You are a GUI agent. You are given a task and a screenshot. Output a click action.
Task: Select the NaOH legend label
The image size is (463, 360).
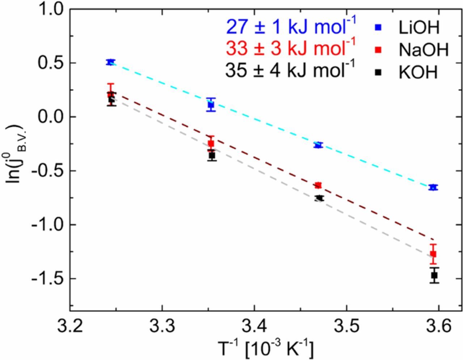[424, 50]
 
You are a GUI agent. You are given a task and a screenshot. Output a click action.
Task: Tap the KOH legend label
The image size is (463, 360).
[418, 72]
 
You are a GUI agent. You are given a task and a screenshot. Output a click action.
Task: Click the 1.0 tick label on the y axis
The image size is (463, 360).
[51, 9]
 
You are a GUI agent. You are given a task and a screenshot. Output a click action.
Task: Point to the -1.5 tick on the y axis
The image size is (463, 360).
[48, 279]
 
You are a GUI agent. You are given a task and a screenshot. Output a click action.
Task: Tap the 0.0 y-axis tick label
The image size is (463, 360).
[51, 117]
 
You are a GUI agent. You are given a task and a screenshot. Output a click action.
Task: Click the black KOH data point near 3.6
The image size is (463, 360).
[434, 275]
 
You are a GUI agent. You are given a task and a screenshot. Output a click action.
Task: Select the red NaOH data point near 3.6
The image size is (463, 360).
[433, 254]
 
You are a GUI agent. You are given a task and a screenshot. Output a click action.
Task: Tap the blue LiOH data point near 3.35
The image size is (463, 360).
[211, 105]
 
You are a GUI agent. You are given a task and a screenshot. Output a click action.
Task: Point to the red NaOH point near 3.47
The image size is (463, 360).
[318, 185]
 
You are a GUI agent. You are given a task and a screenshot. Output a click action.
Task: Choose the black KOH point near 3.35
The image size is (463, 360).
[212, 155]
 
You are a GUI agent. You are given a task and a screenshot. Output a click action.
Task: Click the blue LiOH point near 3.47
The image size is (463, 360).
[318, 145]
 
